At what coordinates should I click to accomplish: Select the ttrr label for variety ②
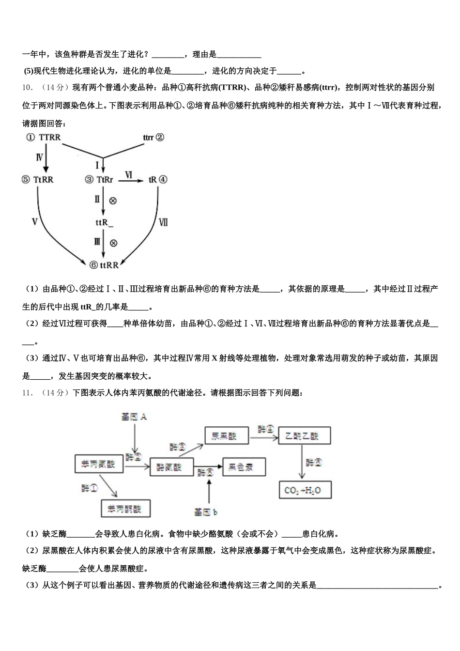[x=148, y=138]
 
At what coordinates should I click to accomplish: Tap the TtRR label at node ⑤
[x=44, y=180]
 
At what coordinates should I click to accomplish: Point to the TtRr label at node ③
[x=105, y=180]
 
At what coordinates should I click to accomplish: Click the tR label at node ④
[x=153, y=180]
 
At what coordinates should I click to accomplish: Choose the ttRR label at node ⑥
[x=109, y=265]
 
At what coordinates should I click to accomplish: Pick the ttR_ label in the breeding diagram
[x=104, y=222]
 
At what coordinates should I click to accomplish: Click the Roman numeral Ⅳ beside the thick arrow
[x=39, y=157]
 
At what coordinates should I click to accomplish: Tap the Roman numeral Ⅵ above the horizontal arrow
[x=129, y=174]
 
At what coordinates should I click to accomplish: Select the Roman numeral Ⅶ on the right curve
[x=164, y=222]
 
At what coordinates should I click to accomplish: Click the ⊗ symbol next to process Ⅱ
[x=113, y=201]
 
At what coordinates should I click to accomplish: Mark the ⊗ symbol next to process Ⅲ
[x=113, y=243]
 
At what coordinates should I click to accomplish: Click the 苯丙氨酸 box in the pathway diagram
[x=99, y=465]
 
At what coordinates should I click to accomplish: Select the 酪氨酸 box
[x=171, y=467]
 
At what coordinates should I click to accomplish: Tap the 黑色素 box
[x=244, y=467]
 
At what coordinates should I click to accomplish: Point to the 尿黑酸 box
[x=227, y=436]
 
